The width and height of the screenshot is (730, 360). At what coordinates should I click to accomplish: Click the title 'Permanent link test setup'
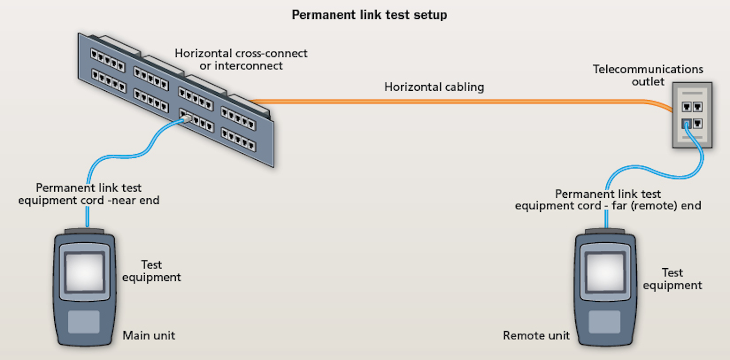coord(369,15)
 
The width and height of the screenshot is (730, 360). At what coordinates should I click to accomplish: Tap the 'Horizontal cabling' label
coord(434,87)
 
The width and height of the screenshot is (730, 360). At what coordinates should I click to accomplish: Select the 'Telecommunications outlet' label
coord(648,75)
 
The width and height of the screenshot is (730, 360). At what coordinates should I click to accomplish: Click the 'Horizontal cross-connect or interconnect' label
coord(241,59)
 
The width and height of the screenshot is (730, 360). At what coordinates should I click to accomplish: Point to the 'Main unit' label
coord(149,335)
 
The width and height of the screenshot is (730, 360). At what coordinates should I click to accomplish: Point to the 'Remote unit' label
coord(536,335)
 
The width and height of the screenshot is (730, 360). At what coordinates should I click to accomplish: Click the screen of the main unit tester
coord(84,271)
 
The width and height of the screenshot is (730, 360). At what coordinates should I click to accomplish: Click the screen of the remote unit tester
coord(605,272)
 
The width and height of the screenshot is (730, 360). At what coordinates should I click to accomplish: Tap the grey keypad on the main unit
coord(84,322)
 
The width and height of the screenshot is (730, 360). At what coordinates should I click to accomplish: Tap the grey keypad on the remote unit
coord(605,322)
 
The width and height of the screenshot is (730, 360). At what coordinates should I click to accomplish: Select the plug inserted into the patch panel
coord(185,119)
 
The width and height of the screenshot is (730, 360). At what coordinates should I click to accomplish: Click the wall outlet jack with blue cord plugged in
coord(686,123)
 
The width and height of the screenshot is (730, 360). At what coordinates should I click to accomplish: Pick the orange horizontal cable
coord(456,101)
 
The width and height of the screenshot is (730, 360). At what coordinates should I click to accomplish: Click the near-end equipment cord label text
coord(89,194)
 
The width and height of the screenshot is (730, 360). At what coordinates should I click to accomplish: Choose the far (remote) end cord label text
coord(608,200)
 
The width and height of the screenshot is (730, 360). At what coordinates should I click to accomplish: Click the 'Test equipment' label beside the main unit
coord(152,271)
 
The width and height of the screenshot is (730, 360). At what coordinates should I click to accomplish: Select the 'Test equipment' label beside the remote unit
coord(672,279)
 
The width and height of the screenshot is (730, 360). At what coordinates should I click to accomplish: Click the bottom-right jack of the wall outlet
coord(698,123)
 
